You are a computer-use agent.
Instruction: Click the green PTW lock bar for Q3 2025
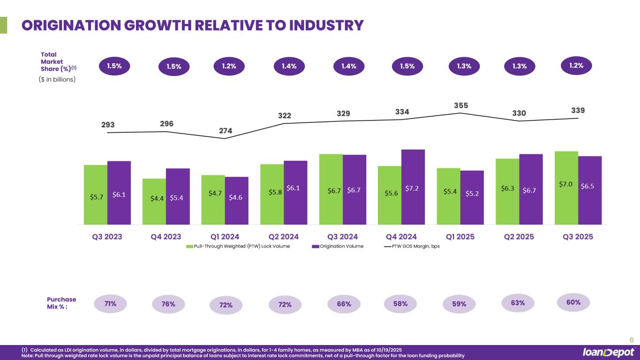[x=566, y=187]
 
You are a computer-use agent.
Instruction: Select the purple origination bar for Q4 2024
[x=413, y=187]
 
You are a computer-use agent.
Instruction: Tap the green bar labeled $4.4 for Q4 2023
[x=154, y=202]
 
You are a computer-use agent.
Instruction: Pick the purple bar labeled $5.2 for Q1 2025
[x=472, y=197]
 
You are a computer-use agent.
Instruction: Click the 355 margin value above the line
[x=460, y=105]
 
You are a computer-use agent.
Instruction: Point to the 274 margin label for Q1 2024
[x=226, y=131]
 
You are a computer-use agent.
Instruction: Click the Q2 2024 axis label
[x=283, y=237]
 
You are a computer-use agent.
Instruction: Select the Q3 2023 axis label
[x=107, y=237]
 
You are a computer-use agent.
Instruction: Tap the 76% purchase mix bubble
[x=168, y=304]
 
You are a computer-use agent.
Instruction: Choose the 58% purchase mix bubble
[x=400, y=304]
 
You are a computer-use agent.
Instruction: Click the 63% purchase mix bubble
[x=518, y=303]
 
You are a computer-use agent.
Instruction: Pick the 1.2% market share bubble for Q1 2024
[x=229, y=66]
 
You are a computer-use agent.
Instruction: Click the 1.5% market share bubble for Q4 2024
[x=407, y=67]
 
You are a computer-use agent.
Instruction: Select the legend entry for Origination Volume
[x=338, y=247]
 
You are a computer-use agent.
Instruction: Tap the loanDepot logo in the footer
[x=608, y=352]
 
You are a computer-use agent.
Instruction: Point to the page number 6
[x=631, y=340]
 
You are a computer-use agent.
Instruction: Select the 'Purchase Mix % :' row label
[x=61, y=303]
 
